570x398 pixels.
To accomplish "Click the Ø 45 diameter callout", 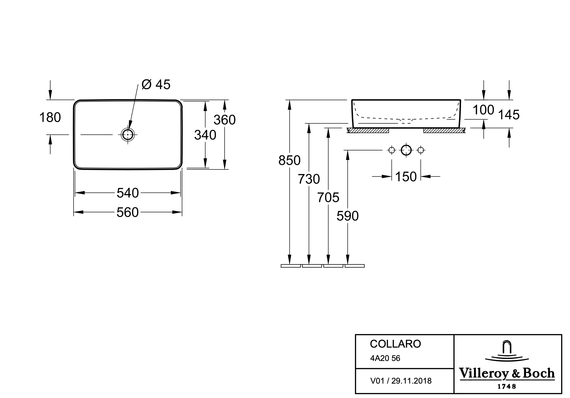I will [156, 84].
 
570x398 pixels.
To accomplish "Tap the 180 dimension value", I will [50, 117].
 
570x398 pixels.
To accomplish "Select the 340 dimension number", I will [205, 135].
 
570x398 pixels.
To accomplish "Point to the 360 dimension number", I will [225, 120].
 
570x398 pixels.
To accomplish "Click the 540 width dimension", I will [128, 193].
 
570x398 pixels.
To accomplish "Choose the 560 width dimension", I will [128, 212].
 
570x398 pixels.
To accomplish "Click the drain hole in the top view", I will [128, 134].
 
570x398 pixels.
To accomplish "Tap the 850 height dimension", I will [289, 160].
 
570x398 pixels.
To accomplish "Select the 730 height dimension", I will [309, 179].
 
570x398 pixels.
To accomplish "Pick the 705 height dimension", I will [328, 198].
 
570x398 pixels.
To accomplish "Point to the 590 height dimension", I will [348, 216].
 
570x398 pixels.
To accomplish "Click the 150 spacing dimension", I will [406, 177].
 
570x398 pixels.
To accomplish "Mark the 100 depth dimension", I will [483, 110].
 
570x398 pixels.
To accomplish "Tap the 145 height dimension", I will [509, 115].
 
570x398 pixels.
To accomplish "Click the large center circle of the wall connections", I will [406, 150].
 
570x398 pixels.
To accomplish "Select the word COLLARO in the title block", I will [395, 344].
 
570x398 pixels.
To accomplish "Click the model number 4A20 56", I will [385, 358].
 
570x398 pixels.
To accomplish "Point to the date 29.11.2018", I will [411, 381].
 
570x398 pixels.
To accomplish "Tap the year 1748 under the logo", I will [507, 386].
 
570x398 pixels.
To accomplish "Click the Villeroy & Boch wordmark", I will [507, 373].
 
